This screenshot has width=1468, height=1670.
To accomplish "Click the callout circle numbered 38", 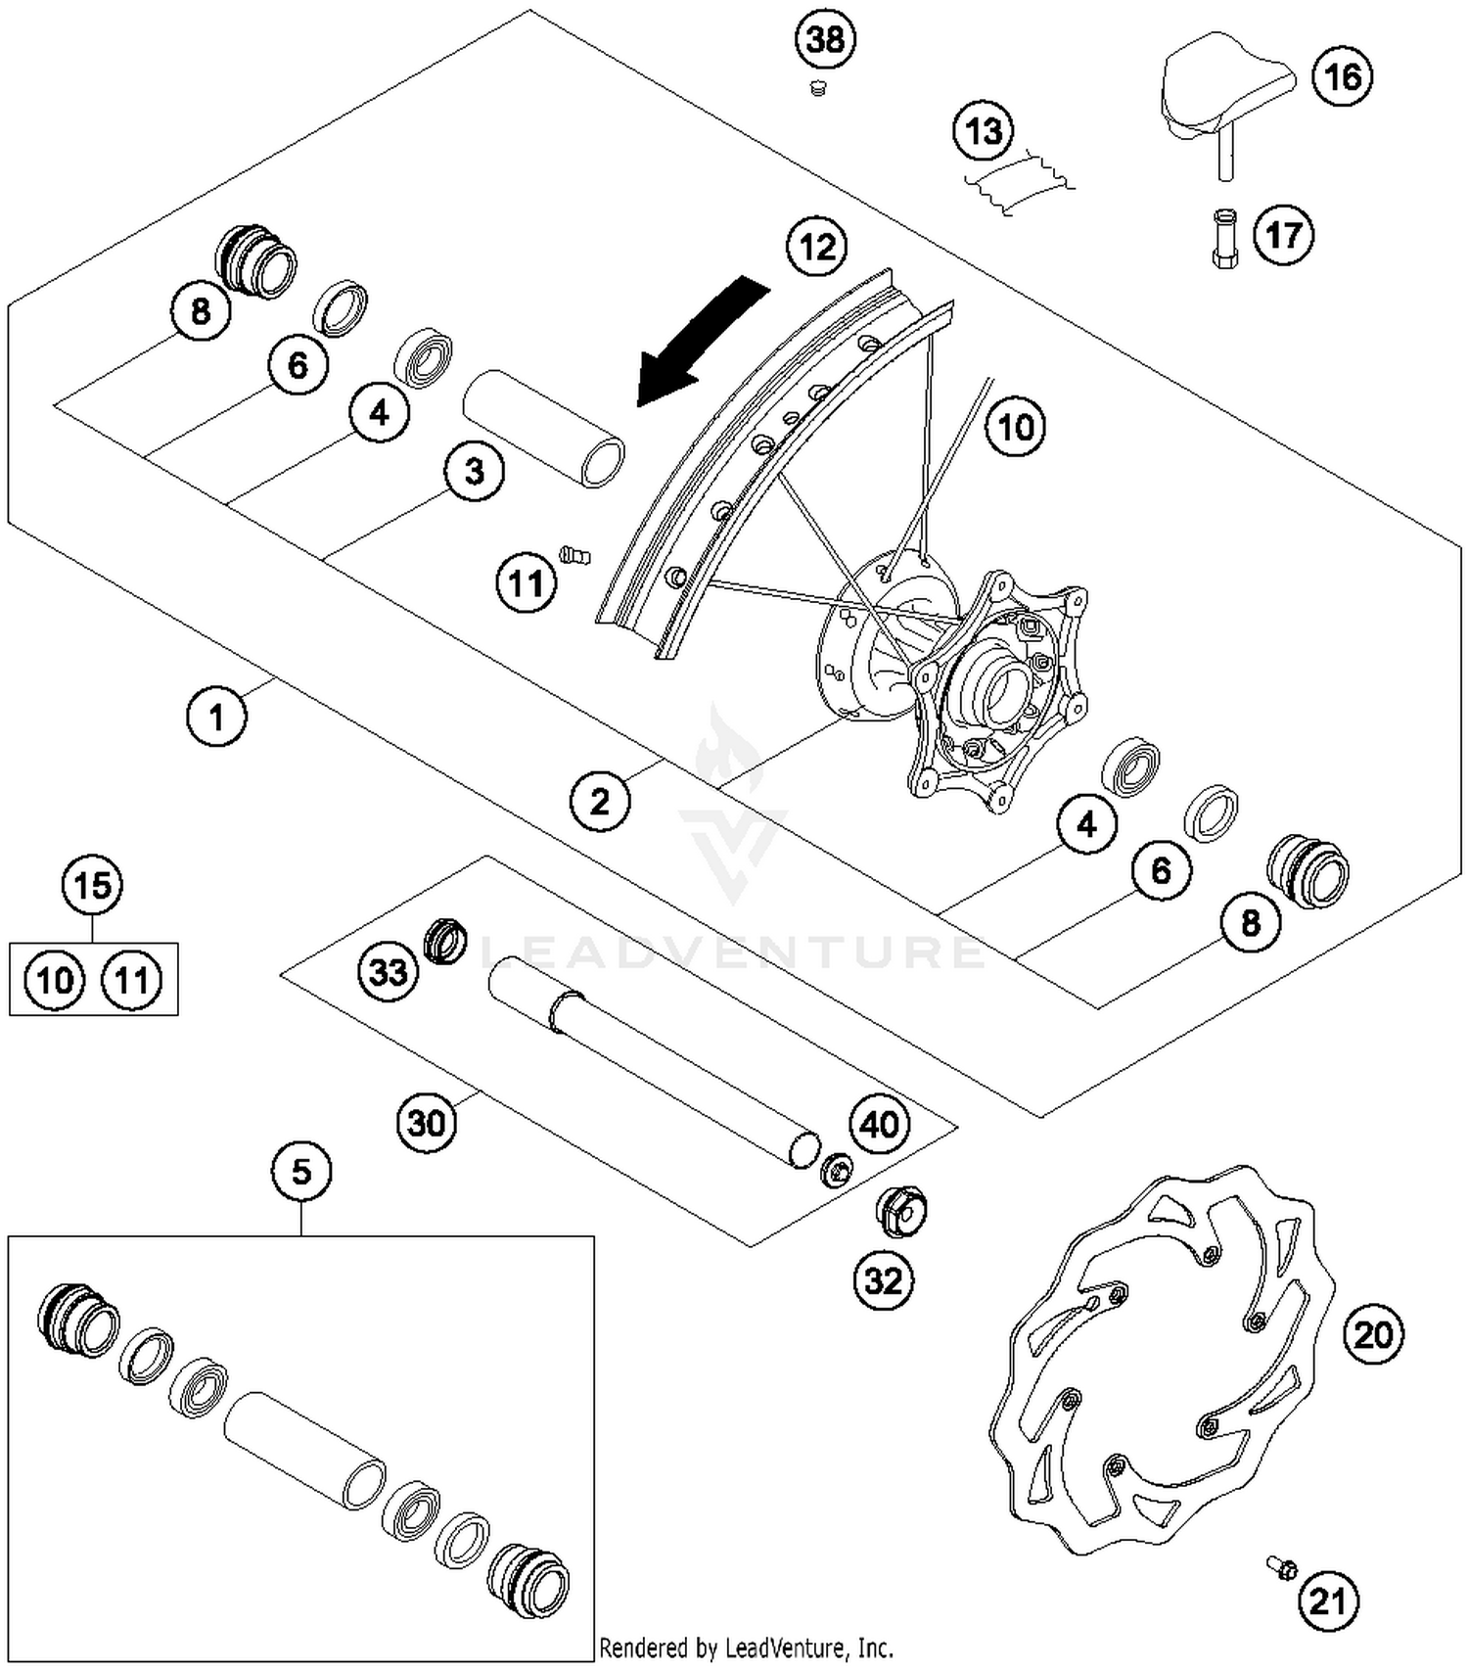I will click(824, 40).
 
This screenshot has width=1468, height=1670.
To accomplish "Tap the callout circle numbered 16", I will click(1342, 76).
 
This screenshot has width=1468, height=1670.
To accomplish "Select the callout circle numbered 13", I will click(984, 130).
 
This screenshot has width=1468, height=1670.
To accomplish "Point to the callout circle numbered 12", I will click(817, 246).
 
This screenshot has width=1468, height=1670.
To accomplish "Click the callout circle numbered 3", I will click(474, 472).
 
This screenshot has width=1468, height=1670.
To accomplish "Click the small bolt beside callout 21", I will click(1282, 1566).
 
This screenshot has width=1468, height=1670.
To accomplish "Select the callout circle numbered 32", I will click(883, 1280).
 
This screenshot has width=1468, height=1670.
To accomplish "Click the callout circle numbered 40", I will click(878, 1125).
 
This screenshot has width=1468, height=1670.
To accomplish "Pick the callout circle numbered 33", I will click(388, 972).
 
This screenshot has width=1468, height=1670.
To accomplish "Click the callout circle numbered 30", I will click(427, 1122).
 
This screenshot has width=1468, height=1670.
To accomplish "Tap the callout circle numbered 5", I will click(300, 1171).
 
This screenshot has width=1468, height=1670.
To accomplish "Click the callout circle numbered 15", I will click(92, 886).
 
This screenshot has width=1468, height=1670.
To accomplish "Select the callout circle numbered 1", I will click(216, 717).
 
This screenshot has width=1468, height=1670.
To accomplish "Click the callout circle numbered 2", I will click(599, 802).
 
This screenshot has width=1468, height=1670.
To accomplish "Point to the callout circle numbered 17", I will click(1283, 235).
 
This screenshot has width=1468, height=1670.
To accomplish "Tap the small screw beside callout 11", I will click(575, 556).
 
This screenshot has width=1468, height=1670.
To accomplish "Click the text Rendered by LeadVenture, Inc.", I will click(746, 1647).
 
